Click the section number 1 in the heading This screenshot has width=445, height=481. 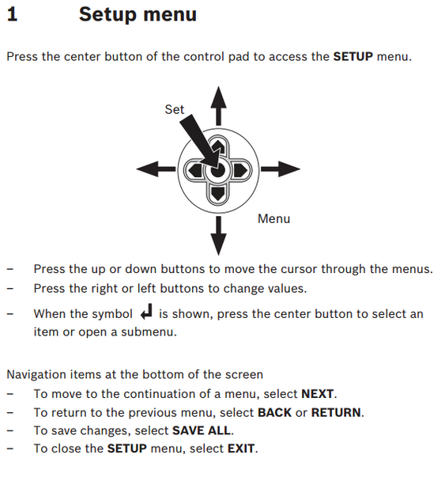[x=12, y=15]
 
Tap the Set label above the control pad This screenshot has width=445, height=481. [x=174, y=110]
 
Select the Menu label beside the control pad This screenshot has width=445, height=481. [x=273, y=219]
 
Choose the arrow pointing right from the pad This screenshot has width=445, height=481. [x=283, y=169]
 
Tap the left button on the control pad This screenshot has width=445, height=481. [x=193, y=169]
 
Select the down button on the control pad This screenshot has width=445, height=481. [x=217, y=192]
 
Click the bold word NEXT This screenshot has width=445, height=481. [x=318, y=394]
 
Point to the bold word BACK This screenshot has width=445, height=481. [x=274, y=413]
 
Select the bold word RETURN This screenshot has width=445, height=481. [x=336, y=413]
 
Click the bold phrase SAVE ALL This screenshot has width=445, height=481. [x=202, y=431]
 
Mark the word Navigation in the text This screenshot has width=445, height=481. [x=36, y=375]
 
